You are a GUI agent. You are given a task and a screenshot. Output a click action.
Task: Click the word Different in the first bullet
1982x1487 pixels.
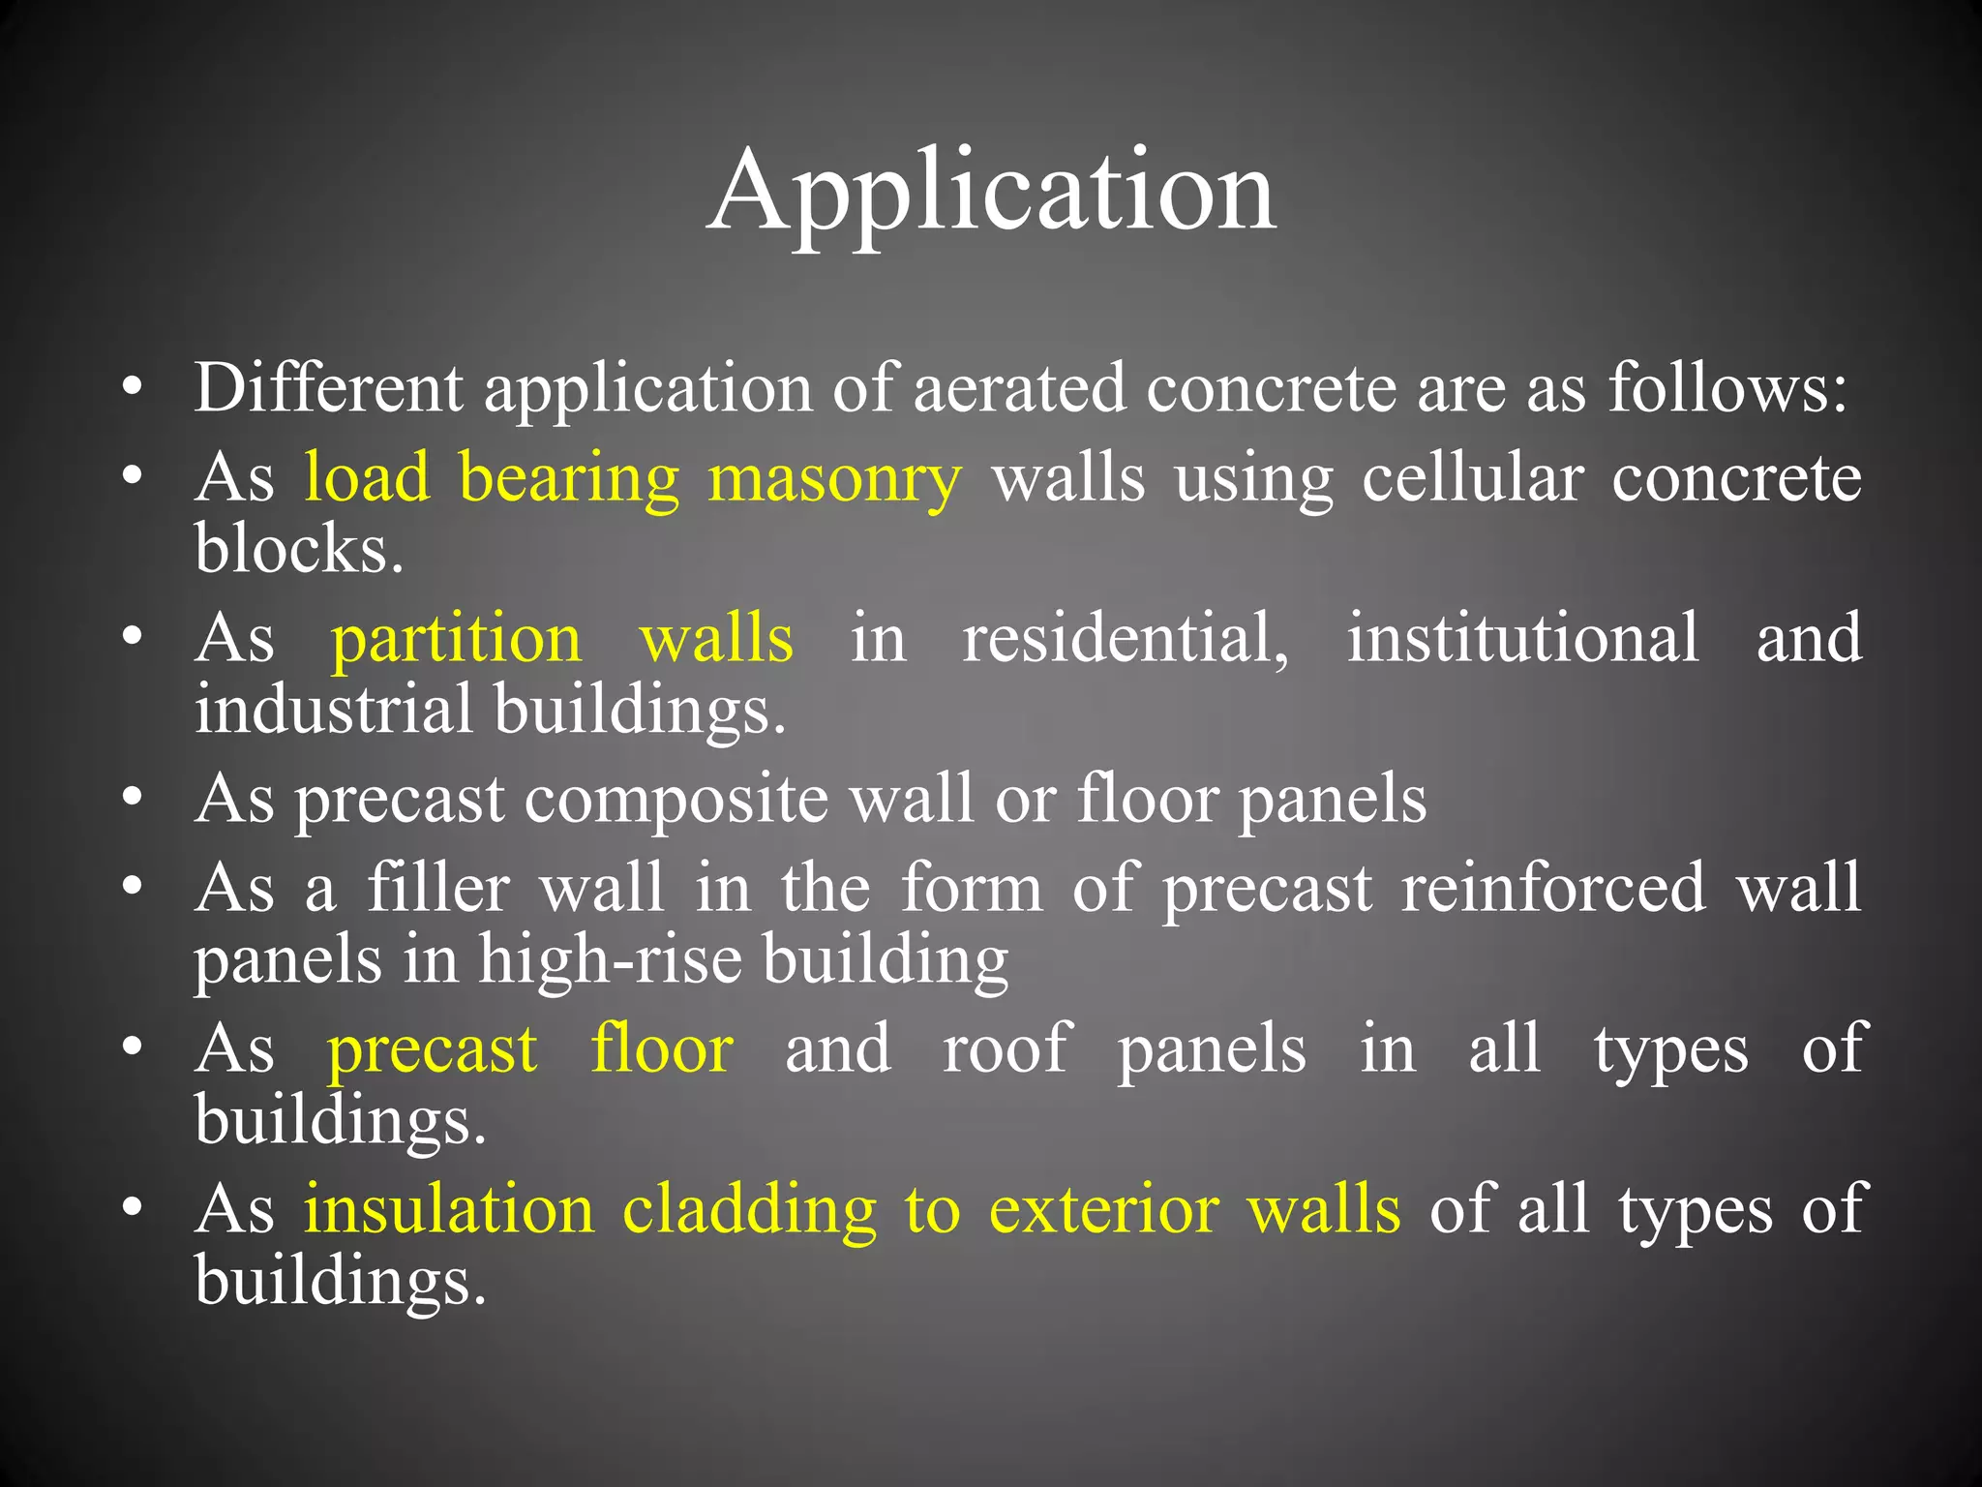[328, 387]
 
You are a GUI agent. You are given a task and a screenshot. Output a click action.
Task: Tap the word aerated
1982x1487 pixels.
[1020, 387]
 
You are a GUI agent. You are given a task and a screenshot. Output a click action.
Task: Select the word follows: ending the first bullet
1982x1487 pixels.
[1728, 387]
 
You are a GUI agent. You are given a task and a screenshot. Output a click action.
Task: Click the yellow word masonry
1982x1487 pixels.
[834, 478]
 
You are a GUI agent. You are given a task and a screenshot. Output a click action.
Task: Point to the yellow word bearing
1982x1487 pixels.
[569, 478]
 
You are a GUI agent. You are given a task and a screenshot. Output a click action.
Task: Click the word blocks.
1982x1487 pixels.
[298, 548]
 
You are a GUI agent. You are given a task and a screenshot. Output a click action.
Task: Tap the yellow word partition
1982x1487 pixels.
[457, 639]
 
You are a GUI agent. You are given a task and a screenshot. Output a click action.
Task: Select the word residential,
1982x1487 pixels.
[1126, 639]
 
